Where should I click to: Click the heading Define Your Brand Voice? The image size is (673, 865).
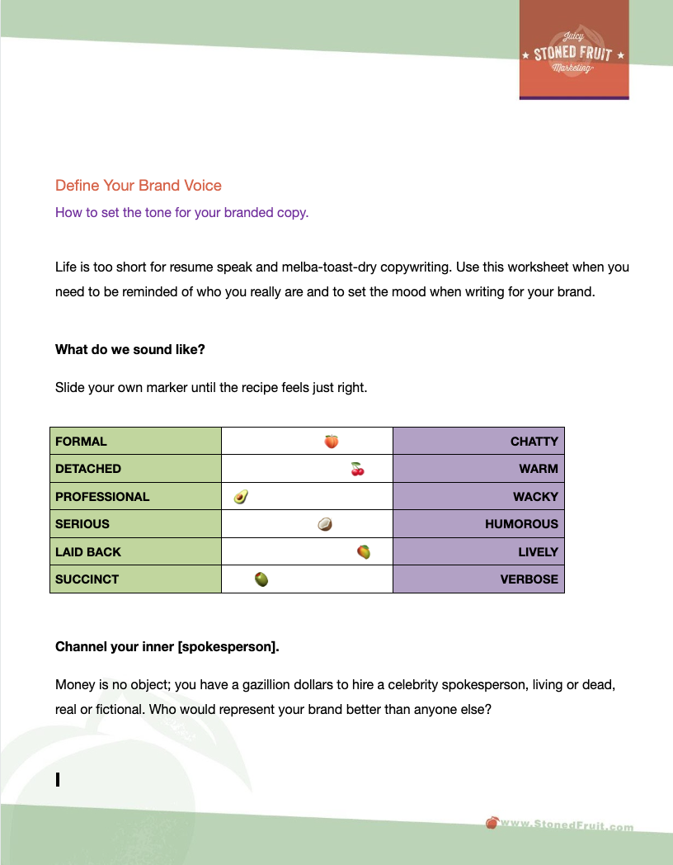[x=139, y=186]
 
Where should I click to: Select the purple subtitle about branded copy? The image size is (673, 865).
[x=181, y=212]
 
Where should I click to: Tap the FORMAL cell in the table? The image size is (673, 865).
[x=135, y=442]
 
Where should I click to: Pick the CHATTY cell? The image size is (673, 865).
[x=478, y=442]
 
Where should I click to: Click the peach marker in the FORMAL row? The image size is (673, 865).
[x=331, y=442]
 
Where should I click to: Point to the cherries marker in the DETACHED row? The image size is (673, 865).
[x=357, y=469]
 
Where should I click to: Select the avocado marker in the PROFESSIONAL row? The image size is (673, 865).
[x=241, y=496]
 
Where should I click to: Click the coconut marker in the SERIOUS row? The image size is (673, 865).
[x=325, y=524]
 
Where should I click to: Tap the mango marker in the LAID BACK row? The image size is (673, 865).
[x=363, y=551]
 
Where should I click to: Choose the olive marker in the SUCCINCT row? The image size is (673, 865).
[x=261, y=579]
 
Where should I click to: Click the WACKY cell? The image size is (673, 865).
[x=478, y=497]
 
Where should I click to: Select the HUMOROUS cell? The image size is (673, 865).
[x=478, y=524]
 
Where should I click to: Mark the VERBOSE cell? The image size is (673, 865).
[x=478, y=579]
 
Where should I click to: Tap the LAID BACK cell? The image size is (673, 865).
[x=135, y=552]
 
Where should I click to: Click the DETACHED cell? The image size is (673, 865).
[x=135, y=469]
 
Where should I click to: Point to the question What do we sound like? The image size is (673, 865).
[x=130, y=349]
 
